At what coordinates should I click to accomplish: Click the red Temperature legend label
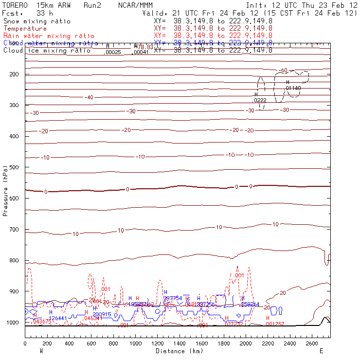25,29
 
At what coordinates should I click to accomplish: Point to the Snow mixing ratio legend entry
36,21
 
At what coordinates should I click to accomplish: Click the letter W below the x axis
41,350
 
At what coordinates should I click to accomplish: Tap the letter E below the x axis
321,350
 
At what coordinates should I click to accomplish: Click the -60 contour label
283,71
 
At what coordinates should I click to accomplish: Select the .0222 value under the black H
259,100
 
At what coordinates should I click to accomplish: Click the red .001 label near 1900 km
239,275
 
